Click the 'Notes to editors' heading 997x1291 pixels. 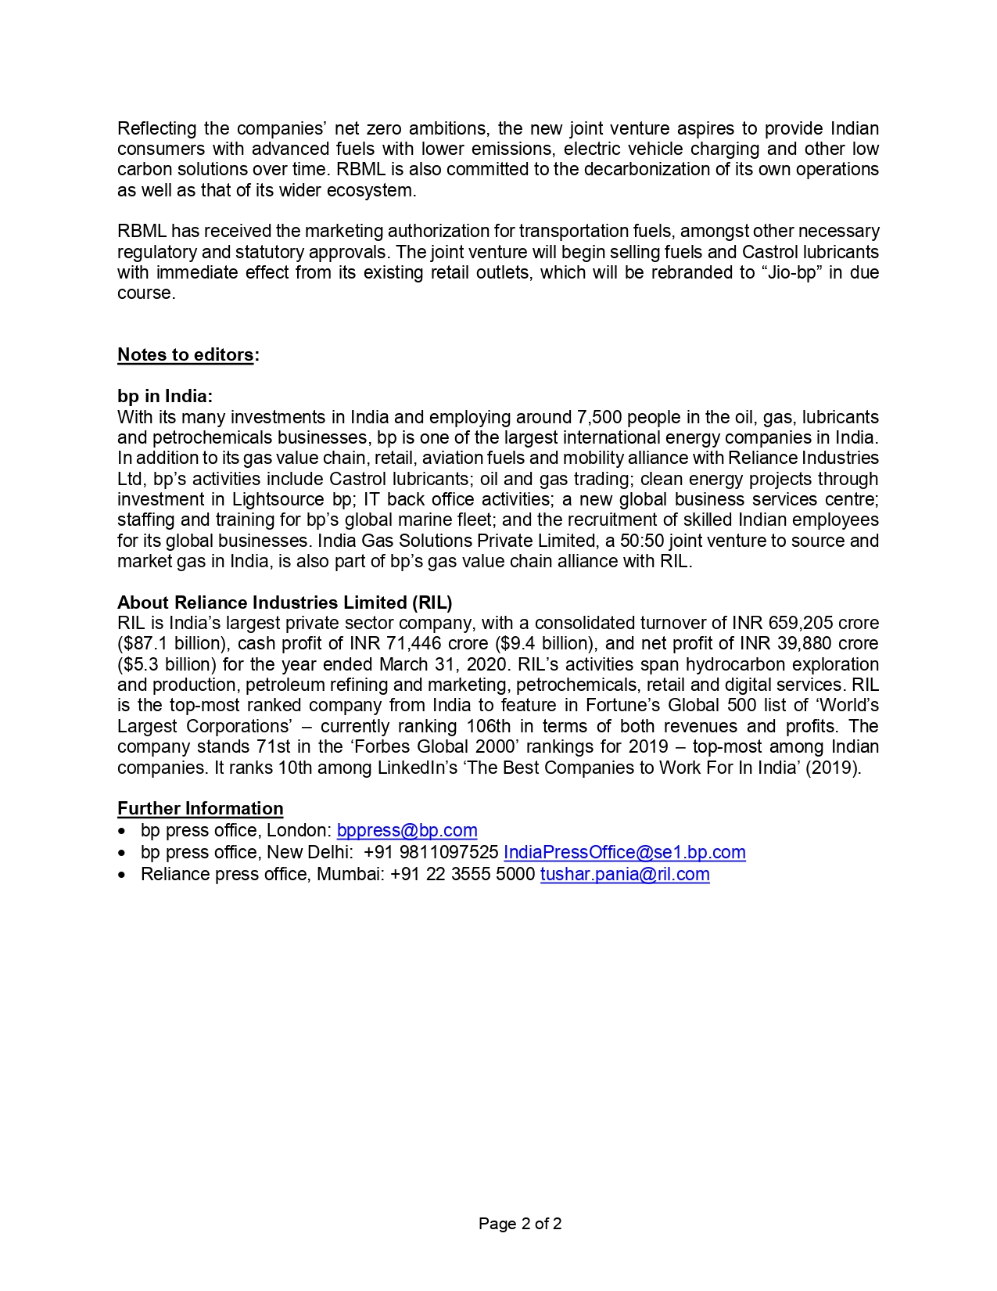(185, 355)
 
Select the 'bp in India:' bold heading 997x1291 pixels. (164, 397)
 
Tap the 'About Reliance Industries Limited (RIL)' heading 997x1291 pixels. (285, 602)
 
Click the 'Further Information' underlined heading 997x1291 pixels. (200, 809)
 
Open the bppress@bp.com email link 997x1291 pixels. (407, 831)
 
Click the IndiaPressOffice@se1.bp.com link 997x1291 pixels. (624, 853)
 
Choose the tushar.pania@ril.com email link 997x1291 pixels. (625, 875)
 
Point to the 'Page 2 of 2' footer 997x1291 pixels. (520, 1224)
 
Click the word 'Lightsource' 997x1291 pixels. (278, 500)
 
